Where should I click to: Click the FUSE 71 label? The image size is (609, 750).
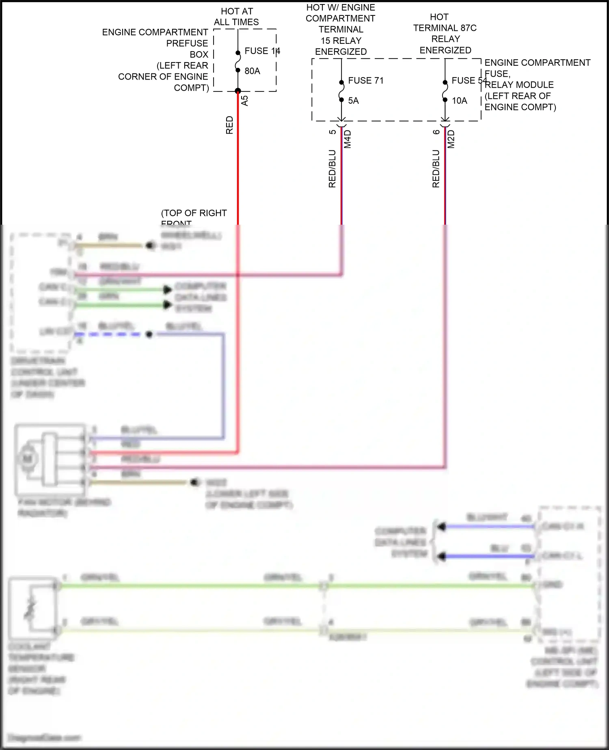click(x=365, y=80)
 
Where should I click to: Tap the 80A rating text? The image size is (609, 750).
click(x=252, y=71)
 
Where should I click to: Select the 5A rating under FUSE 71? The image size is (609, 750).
click(x=353, y=101)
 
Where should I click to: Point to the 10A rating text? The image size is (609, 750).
click(x=459, y=101)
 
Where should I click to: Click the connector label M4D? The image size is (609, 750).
click(x=348, y=139)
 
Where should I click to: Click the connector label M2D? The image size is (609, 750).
click(x=451, y=139)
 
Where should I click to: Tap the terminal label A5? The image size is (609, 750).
click(x=244, y=101)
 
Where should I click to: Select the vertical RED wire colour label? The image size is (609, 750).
click(x=229, y=125)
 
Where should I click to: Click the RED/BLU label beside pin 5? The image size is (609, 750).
click(x=332, y=169)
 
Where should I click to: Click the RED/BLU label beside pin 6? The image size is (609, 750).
click(x=436, y=169)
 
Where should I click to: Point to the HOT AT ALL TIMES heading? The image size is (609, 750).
click(x=236, y=17)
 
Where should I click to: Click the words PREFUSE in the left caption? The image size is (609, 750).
click(x=187, y=43)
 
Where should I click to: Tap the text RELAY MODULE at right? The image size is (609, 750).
click(x=519, y=85)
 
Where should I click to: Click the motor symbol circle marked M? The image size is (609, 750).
click(x=27, y=459)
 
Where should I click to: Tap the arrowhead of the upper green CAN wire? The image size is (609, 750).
click(x=167, y=290)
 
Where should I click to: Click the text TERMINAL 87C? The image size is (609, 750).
click(x=445, y=28)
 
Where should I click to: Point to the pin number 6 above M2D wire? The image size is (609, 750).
click(x=436, y=132)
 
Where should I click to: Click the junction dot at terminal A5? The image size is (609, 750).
click(x=238, y=91)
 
